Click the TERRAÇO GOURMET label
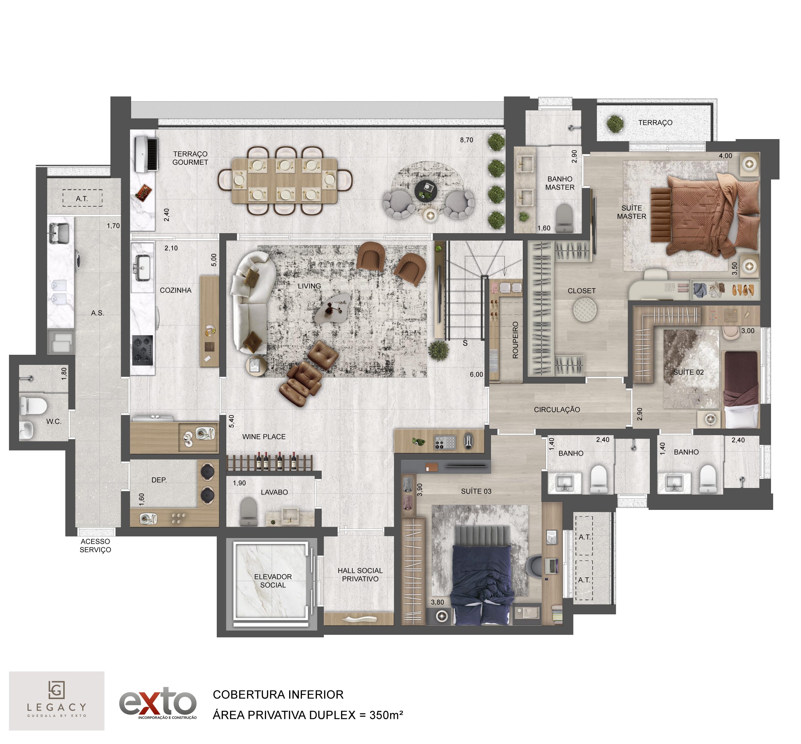tap(190, 158)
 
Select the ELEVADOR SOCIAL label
tap(273, 581)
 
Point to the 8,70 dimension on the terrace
tap(467, 140)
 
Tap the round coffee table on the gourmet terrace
tap(426, 190)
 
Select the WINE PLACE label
tap(264, 437)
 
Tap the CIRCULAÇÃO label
tap(557, 410)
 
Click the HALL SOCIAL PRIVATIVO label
tap(360, 575)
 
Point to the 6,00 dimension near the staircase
tap(476, 375)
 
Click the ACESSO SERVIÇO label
tap(95, 545)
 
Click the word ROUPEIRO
tap(515, 340)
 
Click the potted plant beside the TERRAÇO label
tap(615, 124)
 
